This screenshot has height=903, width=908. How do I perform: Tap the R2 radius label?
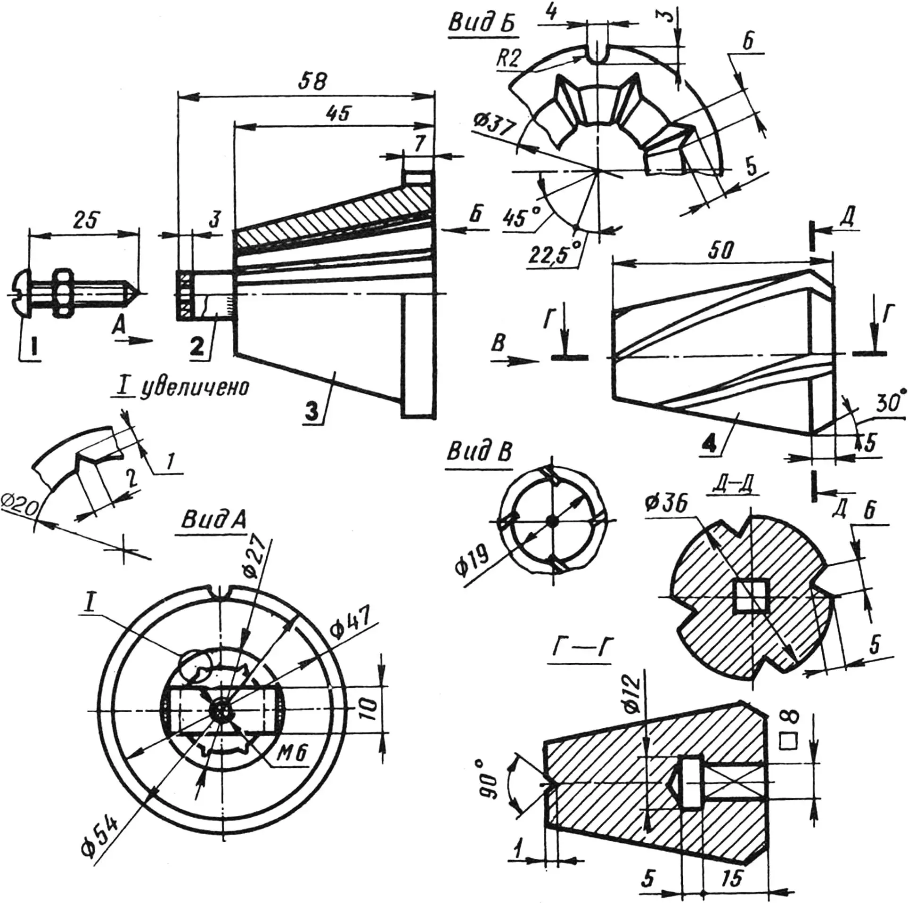click(x=509, y=59)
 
